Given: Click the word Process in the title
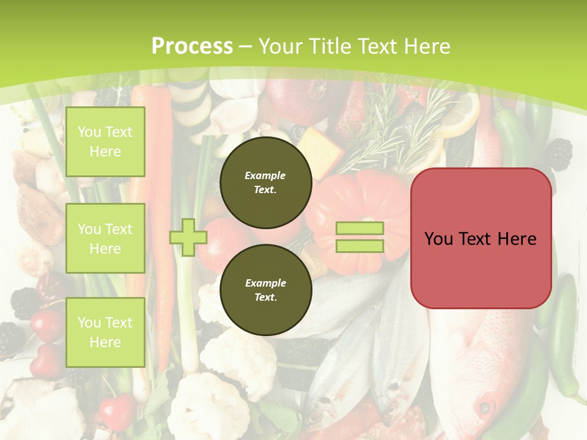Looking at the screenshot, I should coord(192,46).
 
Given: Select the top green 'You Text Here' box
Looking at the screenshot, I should coord(105,142).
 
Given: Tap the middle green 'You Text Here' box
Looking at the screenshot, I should coord(105,238).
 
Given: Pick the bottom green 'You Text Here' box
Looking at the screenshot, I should coord(105,332).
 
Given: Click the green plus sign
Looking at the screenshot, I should coord(188,237).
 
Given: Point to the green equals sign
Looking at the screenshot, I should coord(360,237).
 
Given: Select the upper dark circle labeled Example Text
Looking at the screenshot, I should coord(265,182).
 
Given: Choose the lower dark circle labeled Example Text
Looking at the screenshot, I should coord(265,290).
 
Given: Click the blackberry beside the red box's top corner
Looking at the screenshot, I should coord(558,154).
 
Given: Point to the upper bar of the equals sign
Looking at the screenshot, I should coord(360,229).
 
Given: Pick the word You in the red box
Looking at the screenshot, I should coord(438,239).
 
